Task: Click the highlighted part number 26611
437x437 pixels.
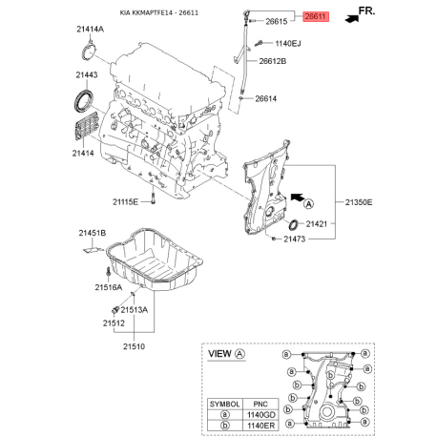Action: tap(316, 17)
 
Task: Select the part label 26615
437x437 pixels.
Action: tap(276, 21)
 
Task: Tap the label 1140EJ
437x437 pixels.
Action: tap(287, 43)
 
